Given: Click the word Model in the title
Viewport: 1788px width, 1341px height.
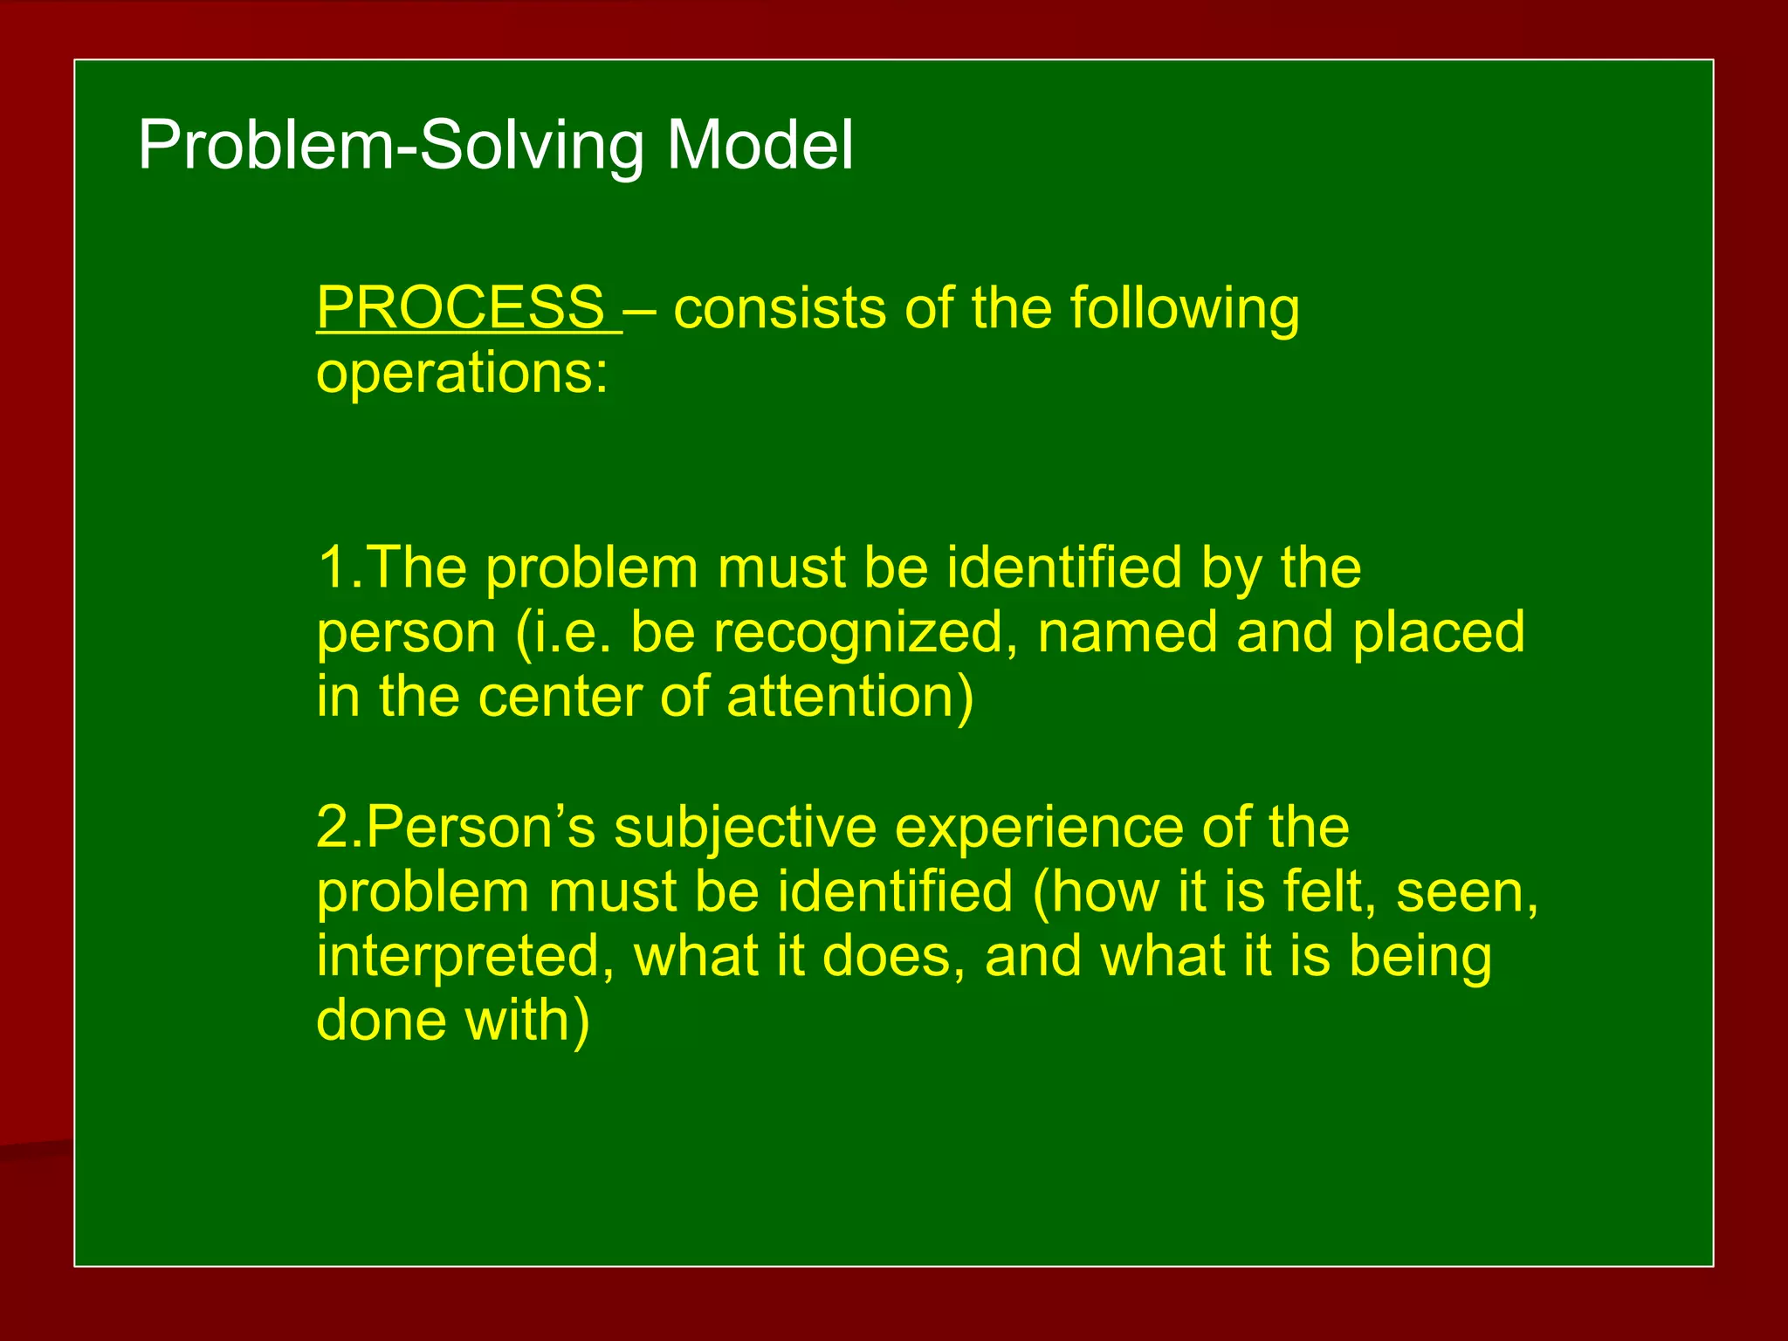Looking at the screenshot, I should (760, 145).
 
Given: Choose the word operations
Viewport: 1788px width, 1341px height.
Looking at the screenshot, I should (461, 374).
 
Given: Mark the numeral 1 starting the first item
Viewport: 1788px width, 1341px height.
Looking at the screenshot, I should (333, 567).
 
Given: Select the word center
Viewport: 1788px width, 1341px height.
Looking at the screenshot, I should (559, 697).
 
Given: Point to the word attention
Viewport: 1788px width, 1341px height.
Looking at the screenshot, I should (839, 697).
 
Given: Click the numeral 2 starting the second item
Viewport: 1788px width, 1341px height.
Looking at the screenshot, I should (333, 826).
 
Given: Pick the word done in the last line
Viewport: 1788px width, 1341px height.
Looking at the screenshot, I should (381, 1020).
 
